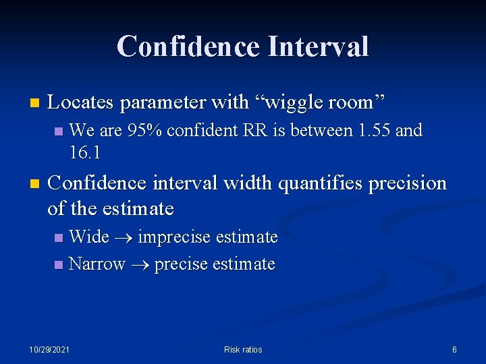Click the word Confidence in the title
pos(188,47)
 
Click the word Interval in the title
pos(318,47)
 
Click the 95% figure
pos(143,129)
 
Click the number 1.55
pos(371,129)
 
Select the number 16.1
pos(85,153)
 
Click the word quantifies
pos(321,183)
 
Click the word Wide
pos(89,237)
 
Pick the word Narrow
pos(97,264)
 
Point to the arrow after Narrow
pos(140,264)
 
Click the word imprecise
pos(172,237)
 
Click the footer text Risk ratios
pos(243,349)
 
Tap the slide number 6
pos(454,349)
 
